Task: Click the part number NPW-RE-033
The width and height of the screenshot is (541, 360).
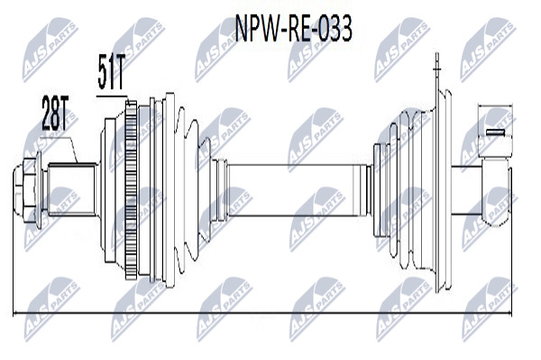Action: (293, 28)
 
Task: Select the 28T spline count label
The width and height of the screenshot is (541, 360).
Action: (55, 113)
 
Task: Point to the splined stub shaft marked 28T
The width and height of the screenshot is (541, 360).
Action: (72, 189)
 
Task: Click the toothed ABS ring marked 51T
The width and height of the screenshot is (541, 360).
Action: (131, 189)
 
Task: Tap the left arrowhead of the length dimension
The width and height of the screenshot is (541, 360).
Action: (14, 313)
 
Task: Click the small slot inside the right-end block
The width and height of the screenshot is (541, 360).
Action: (495, 132)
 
